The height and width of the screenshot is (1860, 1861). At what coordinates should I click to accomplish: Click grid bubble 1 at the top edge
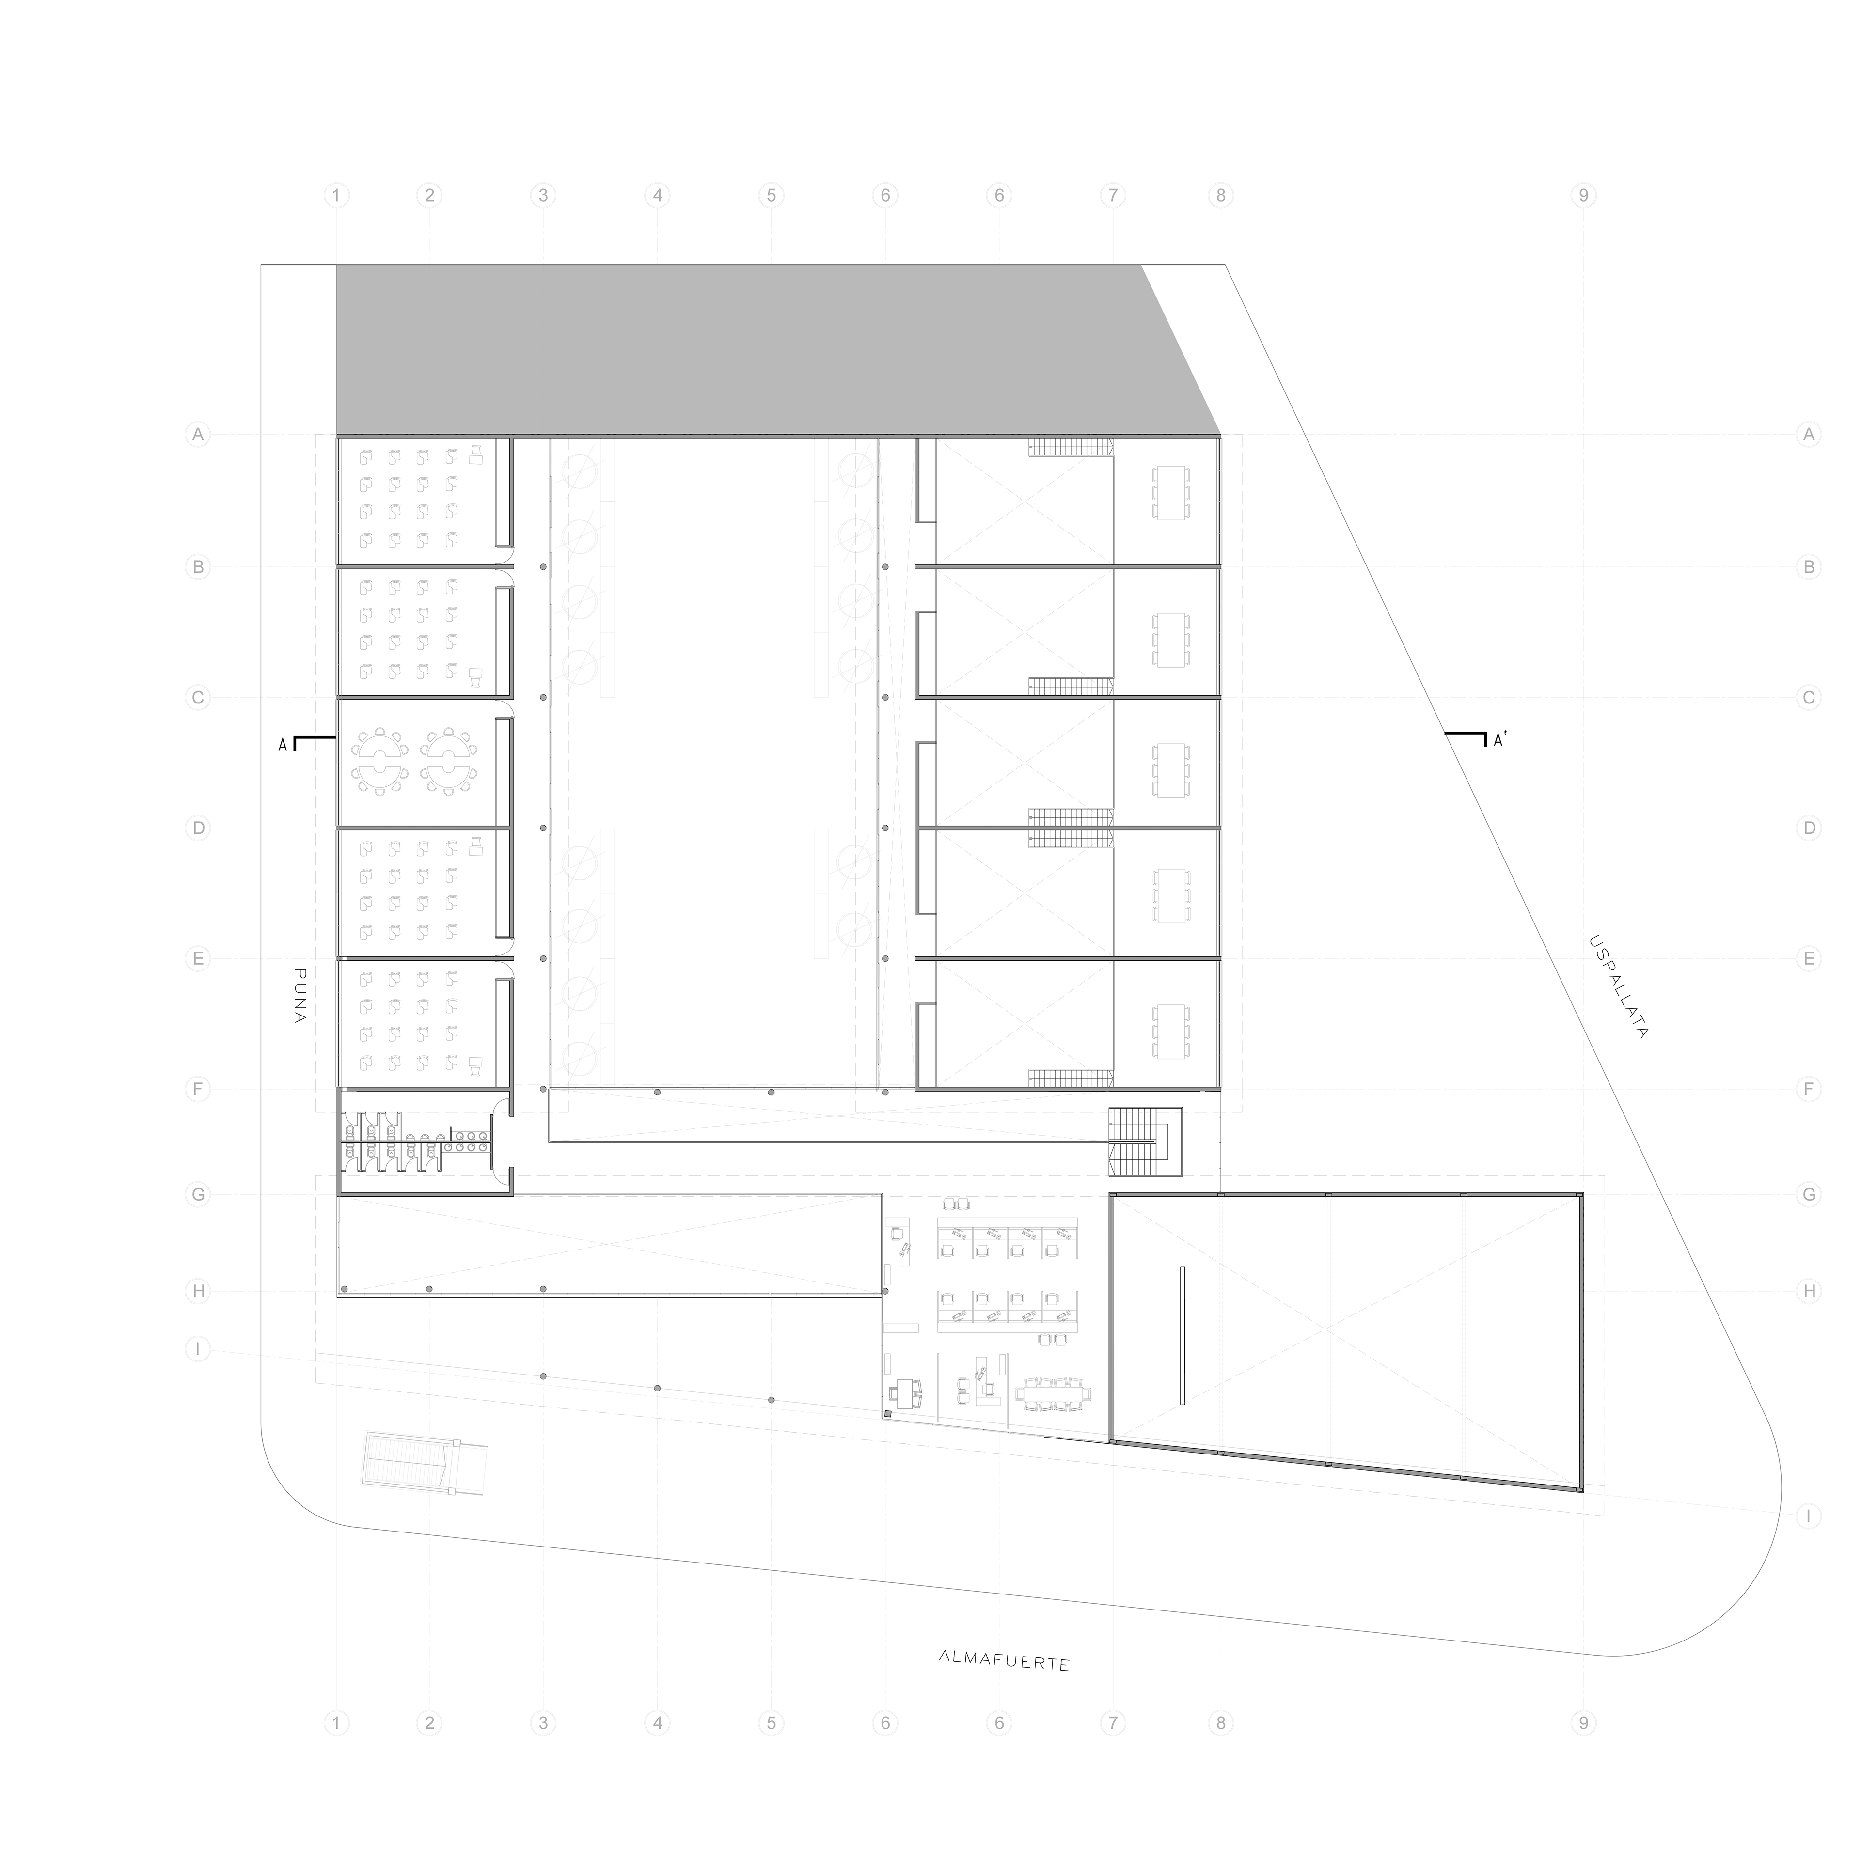[x=336, y=196]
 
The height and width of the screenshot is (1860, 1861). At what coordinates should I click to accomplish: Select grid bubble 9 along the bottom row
[x=1583, y=1722]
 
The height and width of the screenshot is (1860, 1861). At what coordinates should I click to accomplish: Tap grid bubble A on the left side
[x=197, y=436]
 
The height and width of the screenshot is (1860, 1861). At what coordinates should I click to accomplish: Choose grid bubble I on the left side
[x=197, y=1349]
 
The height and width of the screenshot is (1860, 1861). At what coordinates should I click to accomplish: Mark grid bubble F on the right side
[x=1809, y=1090]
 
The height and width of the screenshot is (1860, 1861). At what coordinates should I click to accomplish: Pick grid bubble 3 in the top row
[x=543, y=196]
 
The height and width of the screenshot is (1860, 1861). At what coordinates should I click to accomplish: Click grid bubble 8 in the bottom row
[x=1220, y=1722]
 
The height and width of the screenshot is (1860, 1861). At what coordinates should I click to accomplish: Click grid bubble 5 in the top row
[x=771, y=196]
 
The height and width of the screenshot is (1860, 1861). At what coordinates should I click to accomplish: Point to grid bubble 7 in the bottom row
[x=1113, y=1722]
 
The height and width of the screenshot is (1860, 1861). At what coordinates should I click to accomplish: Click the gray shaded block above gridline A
[x=751, y=349]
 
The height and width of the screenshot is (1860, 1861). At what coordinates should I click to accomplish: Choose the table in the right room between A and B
[x=1170, y=492]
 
